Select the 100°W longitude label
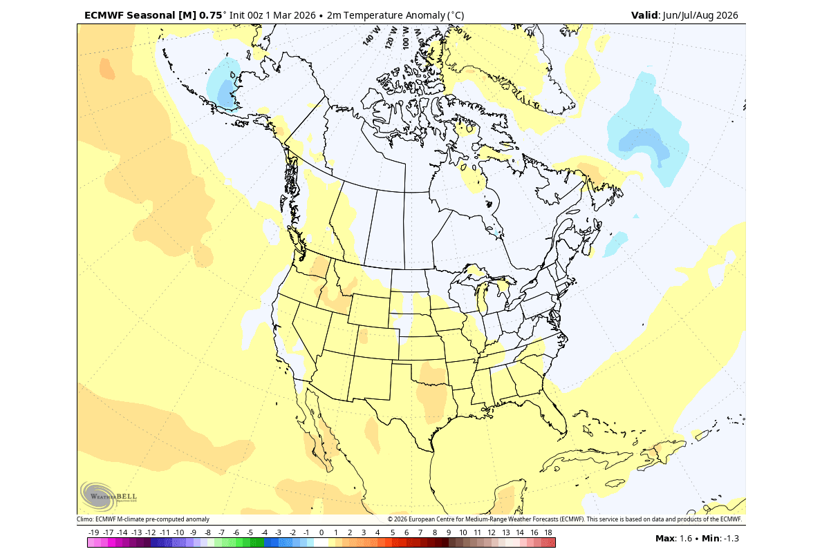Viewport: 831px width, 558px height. pos(406,36)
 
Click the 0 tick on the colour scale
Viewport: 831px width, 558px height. pos(321,532)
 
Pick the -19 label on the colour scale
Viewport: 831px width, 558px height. pos(94,532)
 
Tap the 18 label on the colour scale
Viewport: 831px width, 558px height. pos(548,532)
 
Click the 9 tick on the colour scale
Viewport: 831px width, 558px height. pos(449,532)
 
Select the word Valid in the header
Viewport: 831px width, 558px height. pos(645,15)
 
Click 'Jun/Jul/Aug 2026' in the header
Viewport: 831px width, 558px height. pos(700,15)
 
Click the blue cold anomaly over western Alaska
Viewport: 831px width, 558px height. pos(227,84)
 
